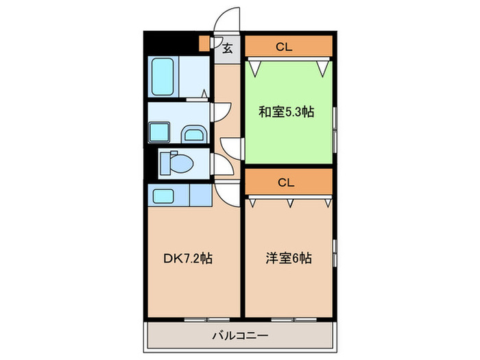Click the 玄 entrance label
(x=227, y=49)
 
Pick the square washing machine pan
(x=160, y=131)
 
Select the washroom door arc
(x=221, y=112)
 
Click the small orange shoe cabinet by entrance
(x=204, y=43)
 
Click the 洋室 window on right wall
(x=335, y=253)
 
